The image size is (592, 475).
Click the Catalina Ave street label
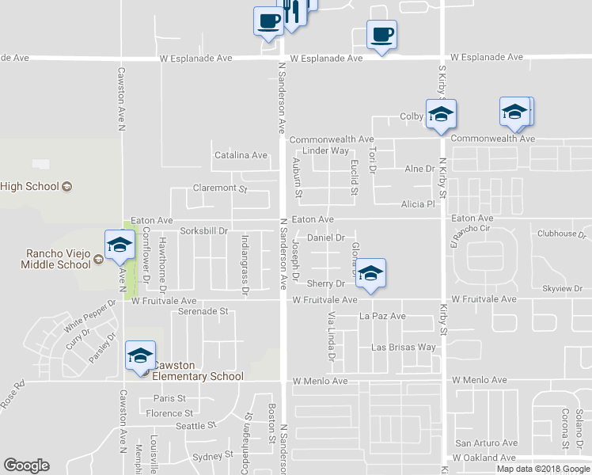[241, 155]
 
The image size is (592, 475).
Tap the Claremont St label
[221, 188]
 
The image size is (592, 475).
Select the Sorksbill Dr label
[204, 231]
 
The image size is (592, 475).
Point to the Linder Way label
[325, 150]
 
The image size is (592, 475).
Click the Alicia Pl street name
[419, 203]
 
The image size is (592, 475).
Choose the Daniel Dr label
[325, 237]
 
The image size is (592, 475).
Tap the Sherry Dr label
[326, 283]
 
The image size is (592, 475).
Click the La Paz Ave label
[382, 316]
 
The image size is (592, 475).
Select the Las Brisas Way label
[404, 348]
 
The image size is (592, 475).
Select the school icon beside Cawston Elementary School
[140, 357]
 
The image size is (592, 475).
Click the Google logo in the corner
[26, 465]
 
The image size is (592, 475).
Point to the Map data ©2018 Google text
[543, 469]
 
